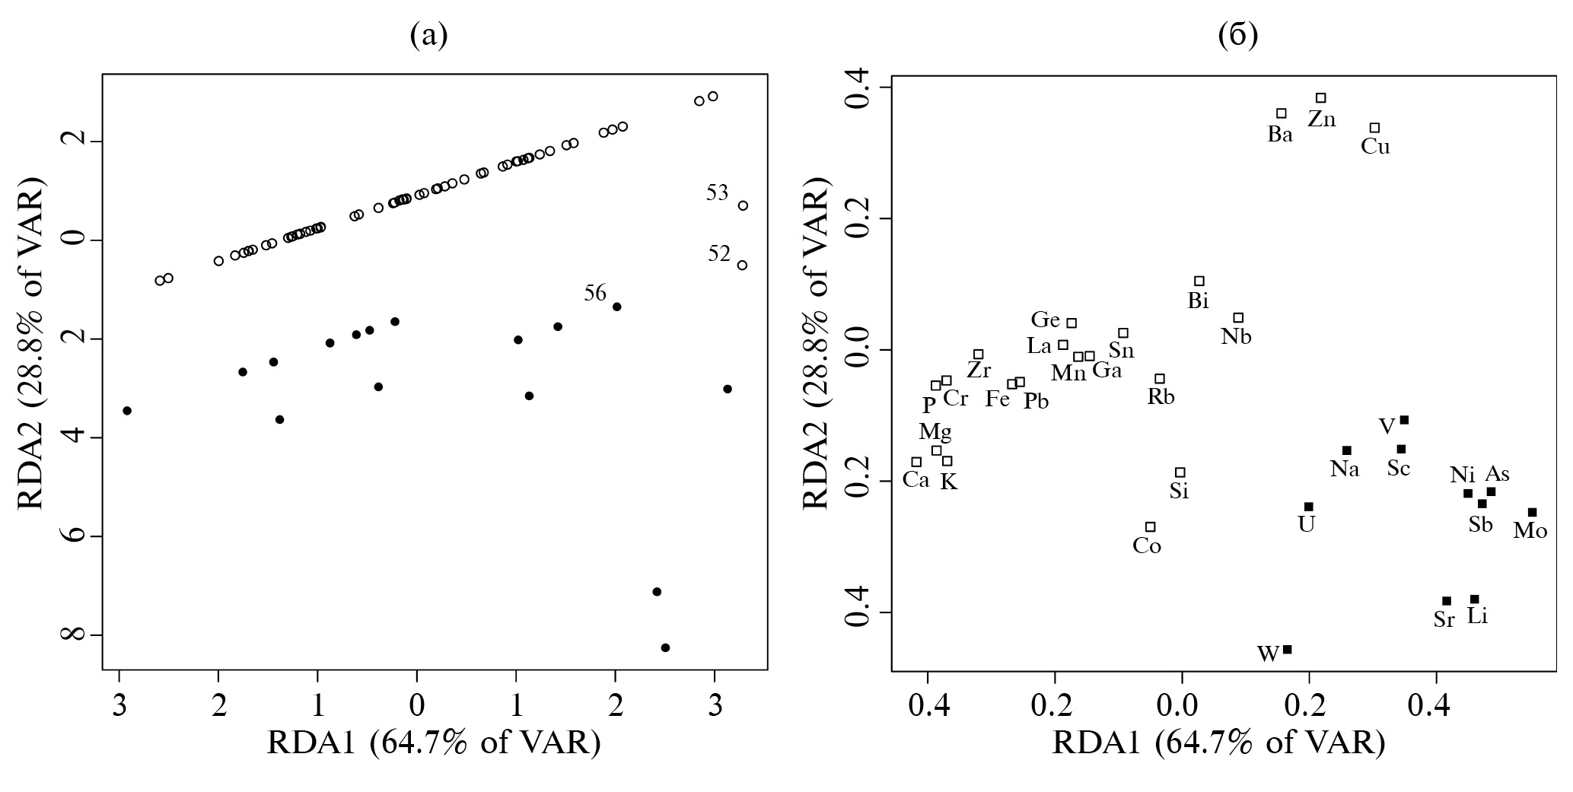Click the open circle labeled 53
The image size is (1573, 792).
[x=743, y=205]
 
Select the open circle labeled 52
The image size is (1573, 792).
[x=742, y=265]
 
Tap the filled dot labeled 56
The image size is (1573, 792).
[x=617, y=307]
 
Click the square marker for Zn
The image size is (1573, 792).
[x=1321, y=98]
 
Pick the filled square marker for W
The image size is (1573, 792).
[x=1288, y=649]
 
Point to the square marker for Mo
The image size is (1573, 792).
[x=1533, y=512]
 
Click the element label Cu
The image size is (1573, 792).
[x=1375, y=147]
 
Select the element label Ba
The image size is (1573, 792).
[x=1280, y=135]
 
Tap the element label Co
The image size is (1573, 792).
[x=1147, y=546]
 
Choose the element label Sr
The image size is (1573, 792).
[x=1444, y=620]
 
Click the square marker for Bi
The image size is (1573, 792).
[x=1199, y=281]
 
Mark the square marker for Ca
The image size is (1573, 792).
[x=917, y=462]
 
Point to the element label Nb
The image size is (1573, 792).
[x=1236, y=337]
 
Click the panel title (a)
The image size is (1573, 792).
[x=428, y=35]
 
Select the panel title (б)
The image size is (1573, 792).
[x=1238, y=35]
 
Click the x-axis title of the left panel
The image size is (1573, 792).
[x=434, y=743]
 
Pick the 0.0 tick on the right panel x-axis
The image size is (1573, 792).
[x=1182, y=698]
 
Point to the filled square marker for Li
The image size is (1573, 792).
[x=1474, y=600]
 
